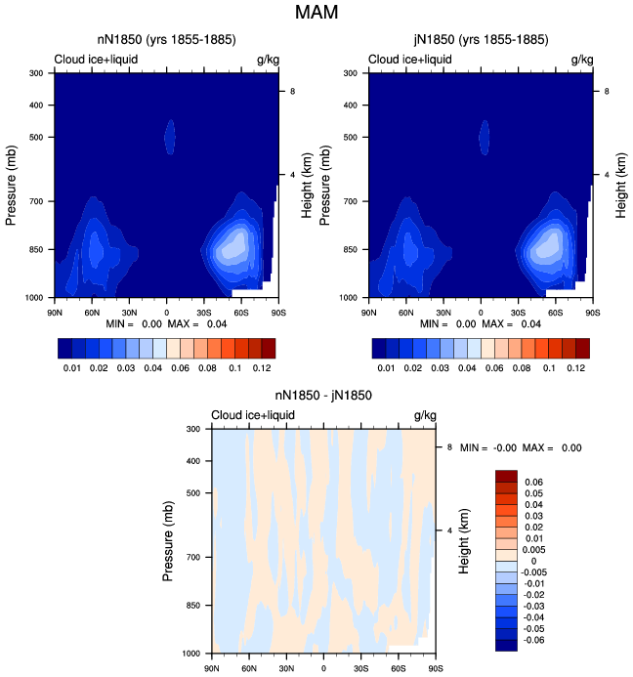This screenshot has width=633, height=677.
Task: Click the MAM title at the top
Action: [x=316, y=12]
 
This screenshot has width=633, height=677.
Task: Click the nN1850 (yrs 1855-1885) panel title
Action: [x=167, y=40]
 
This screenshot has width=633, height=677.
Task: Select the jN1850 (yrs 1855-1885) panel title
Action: [x=481, y=40]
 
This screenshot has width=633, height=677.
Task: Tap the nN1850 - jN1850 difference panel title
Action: [x=323, y=395]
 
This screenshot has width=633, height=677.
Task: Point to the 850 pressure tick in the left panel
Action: [x=36, y=249]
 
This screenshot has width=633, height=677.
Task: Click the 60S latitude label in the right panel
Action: [x=555, y=313]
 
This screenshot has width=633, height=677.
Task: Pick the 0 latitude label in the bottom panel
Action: [x=323, y=668]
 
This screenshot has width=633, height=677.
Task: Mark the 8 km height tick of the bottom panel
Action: [x=449, y=446]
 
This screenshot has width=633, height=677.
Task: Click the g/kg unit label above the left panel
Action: [x=268, y=60]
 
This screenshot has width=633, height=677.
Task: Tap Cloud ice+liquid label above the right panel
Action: [x=409, y=60]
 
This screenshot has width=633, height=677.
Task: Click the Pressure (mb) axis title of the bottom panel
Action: [x=168, y=540]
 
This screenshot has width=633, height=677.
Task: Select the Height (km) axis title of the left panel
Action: [x=306, y=186]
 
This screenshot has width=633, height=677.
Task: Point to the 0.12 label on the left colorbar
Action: [x=262, y=368]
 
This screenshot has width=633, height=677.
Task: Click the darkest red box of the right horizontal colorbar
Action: [x=582, y=349]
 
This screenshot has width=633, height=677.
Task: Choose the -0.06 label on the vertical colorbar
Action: [x=533, y=640]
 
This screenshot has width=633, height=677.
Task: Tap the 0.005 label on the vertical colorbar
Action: [x=533, y=550]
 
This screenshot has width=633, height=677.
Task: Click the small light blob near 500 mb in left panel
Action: [x=170, y=137]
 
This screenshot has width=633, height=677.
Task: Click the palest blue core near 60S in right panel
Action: [x=548, y=244]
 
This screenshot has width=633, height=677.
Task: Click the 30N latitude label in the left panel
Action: [x=129, y=313]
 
